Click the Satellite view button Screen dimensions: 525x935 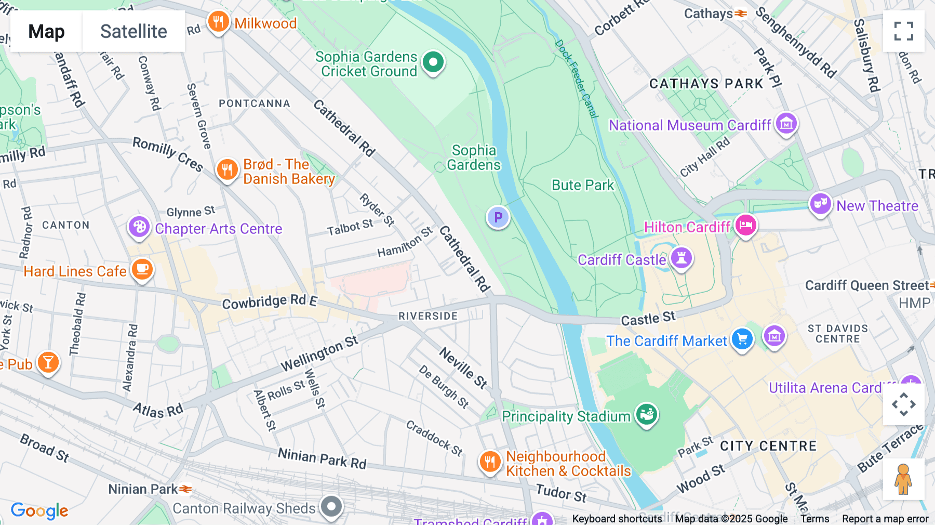[133, 31]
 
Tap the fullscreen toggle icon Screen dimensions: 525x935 [903, 31]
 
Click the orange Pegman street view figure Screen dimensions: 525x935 [903, 479]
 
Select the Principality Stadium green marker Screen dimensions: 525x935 [647, 414]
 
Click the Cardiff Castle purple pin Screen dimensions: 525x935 [681, 258]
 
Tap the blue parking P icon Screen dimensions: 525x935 [498, 217]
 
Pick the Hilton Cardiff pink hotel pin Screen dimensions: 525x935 [745, 226]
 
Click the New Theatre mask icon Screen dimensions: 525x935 [820, 204]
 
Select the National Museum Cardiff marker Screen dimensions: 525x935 [786, 124]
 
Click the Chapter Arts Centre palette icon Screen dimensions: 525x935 [139, 227]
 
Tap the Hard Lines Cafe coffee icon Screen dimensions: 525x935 [142, 269]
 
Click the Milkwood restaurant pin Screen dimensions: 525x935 [218, 22]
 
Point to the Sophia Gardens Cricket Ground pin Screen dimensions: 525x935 [433, 62]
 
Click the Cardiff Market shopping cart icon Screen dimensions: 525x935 [742, 339]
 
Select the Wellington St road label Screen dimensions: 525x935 [319, 353]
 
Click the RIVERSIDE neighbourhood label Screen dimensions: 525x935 [428, 316]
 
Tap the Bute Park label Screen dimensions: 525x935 [582, 185]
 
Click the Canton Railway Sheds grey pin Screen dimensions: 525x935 [331, 506]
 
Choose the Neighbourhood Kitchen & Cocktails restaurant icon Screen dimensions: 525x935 [490, 461]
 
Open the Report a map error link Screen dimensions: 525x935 [885, 519]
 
